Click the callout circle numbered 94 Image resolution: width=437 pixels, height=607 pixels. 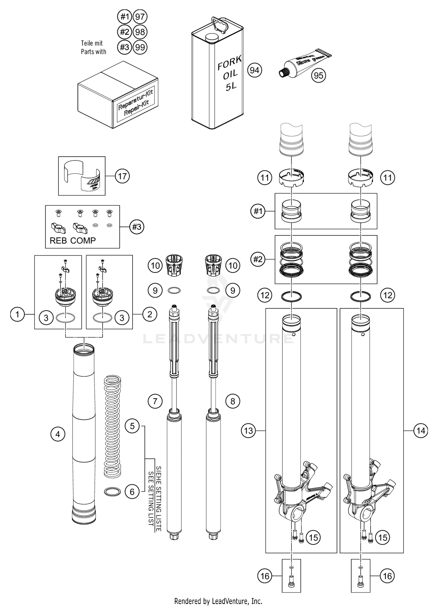tap(254, 70)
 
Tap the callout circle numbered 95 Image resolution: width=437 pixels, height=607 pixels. tap(318, 75)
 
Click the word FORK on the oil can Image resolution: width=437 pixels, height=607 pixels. tap(230, 63)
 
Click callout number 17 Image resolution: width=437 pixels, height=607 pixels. tap(122, 176)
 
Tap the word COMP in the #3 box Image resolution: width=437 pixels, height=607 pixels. tap(83, 241)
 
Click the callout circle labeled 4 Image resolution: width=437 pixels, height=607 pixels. tap(58, 434)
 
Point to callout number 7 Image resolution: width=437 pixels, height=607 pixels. tap(155, 401)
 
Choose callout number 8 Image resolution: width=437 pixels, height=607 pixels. tap(232, 401)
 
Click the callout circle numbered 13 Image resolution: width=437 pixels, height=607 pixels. tap(248, 430)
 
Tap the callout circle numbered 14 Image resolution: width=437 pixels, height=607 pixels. tap(421, 430)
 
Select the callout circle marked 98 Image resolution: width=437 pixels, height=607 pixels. tap(140, 32)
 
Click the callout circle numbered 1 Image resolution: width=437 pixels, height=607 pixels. tap(17, 315)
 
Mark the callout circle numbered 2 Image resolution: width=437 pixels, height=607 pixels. tap(149, 314)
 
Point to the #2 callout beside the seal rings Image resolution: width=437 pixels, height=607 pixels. tap(258, 259)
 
